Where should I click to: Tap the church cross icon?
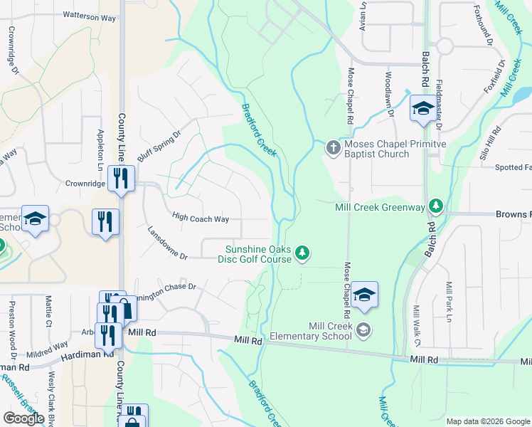coord(332,148)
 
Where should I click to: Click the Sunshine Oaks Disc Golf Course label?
coord(258,254)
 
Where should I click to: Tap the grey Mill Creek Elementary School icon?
coord(363,329)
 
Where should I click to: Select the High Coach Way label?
coord(201,218)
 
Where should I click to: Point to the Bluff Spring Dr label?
coord(160,145)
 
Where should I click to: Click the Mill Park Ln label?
coord(449,302)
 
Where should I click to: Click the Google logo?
coord(23,418)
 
